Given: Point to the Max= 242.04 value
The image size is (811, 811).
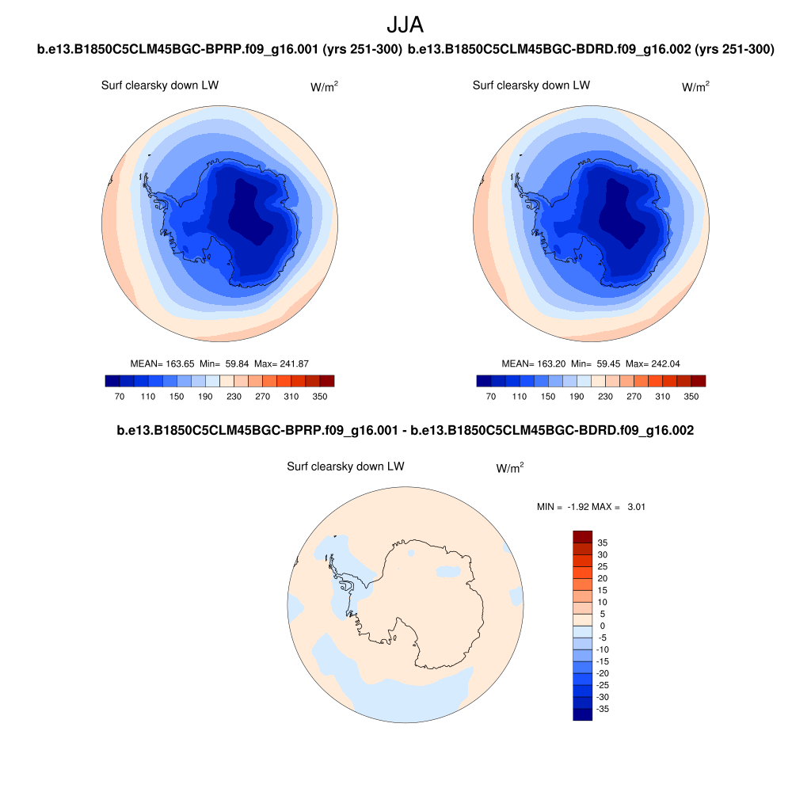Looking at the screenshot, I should [653, 364].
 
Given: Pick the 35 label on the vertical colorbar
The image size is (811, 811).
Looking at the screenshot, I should [603, 543].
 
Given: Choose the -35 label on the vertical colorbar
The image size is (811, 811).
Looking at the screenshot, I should [603, 709].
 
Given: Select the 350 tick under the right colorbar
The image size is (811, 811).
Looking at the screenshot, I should [691, 396].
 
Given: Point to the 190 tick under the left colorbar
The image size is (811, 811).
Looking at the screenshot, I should [205, 396].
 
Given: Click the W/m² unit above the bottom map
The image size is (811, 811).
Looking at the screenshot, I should [510, 468].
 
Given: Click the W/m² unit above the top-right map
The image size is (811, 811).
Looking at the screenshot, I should [695, 86].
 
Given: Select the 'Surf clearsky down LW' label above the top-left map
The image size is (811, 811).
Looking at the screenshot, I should [160, 86].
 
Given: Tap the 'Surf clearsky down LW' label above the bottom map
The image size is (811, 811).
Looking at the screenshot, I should [345, 466].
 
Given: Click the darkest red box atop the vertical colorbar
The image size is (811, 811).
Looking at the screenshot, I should [582, 536].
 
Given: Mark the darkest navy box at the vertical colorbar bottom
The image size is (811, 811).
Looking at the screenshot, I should [582, 714].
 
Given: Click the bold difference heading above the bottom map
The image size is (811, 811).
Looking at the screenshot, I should [405, 431].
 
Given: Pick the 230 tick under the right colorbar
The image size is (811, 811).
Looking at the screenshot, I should [605, 396].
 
